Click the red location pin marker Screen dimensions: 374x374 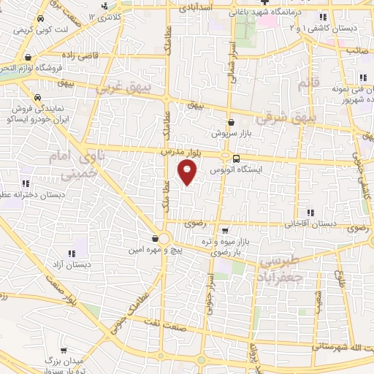tap(188, 174)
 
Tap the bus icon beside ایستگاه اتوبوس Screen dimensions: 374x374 tap(236, 158)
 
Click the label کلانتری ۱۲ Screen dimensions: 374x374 tap(107, 16)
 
